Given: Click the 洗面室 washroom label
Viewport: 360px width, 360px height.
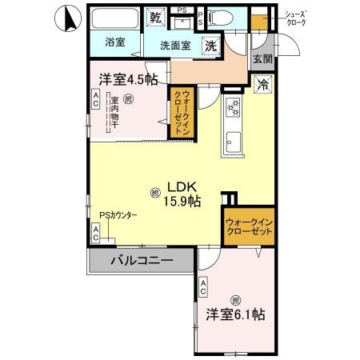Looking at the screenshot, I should coord(174,46).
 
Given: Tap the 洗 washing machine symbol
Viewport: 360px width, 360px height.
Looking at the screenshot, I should coord(210,46).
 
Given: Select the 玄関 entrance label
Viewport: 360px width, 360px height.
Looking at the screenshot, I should coord(262,58).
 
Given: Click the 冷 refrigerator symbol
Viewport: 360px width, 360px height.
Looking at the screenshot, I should coord(262,82).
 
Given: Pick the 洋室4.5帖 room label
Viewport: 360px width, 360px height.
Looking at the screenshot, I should coord(128,78).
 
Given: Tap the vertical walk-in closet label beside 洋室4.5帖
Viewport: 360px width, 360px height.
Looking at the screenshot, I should coord(182,111).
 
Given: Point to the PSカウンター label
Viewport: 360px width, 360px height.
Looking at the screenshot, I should coord(118,215).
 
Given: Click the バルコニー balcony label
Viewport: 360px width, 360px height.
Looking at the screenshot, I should coord(138,261).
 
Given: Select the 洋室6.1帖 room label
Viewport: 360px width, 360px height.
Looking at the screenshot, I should coord(234,314).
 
